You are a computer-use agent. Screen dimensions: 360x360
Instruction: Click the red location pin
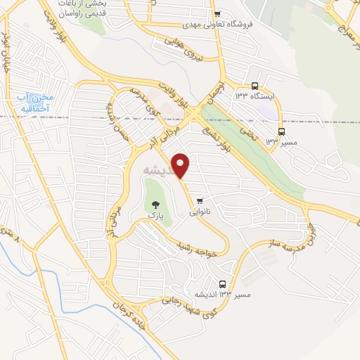pos(181,166)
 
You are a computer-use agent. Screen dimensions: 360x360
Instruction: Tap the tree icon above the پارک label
pos(155,205)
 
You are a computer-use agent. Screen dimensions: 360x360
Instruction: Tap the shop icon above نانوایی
pos(202,199)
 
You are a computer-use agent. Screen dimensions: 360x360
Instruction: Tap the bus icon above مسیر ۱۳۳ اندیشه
pos(222,284)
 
